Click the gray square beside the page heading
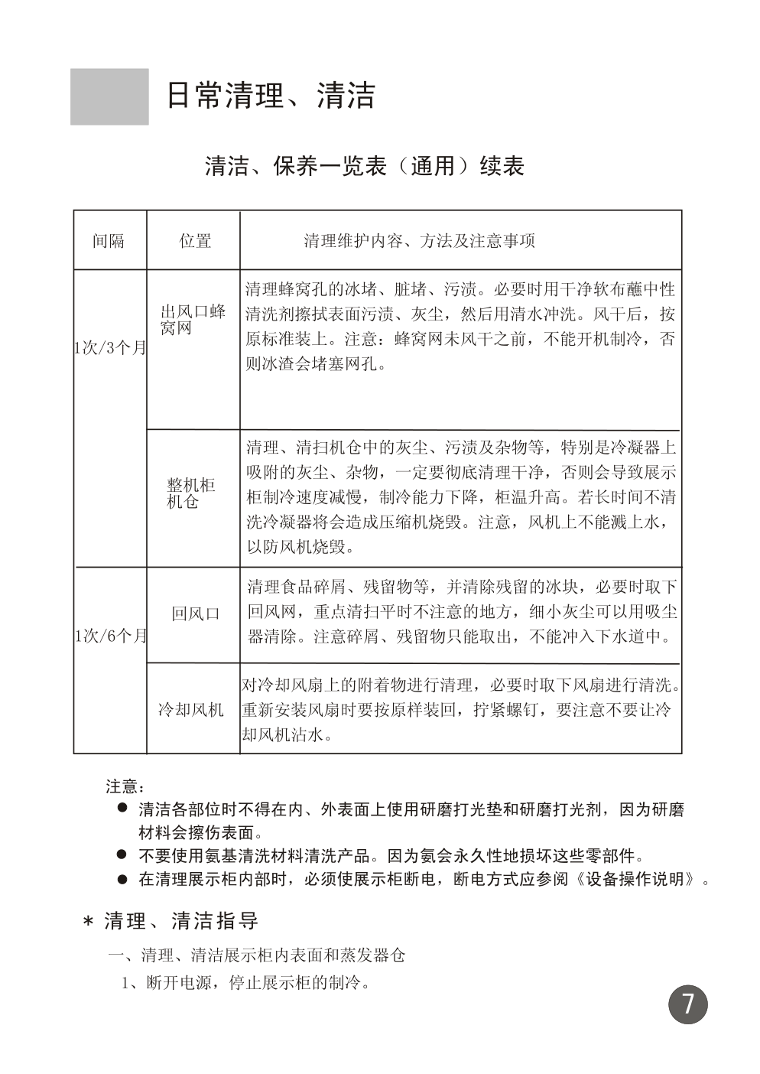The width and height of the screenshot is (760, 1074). point(109,96)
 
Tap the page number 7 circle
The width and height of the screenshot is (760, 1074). point(688,1004)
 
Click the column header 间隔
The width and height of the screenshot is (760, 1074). point(109,241)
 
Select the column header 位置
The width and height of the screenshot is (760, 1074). point(194,241)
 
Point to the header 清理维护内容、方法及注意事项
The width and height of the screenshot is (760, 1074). point(419,241)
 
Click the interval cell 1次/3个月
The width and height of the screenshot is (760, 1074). point(109,348)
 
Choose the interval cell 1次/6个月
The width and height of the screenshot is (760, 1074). point(110,636)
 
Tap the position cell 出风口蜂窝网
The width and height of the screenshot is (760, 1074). point(193,321)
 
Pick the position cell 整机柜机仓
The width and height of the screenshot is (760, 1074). point(191,493)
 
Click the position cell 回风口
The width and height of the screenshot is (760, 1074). point(195,613)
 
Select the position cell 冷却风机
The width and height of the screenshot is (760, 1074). point(191,710)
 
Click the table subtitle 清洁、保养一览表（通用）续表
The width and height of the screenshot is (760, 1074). point(364,166)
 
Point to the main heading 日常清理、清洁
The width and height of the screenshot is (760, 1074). point(271,96)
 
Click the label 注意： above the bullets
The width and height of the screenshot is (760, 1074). point(125,786)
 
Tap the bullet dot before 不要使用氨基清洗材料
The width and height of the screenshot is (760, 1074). point(121,854)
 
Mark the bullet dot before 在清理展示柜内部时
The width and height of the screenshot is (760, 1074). point(121,879)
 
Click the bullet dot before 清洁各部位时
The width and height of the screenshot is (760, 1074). point(121,809)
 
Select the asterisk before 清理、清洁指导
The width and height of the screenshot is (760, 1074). point(88,923)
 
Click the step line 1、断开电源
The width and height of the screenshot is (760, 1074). point(246,982)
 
